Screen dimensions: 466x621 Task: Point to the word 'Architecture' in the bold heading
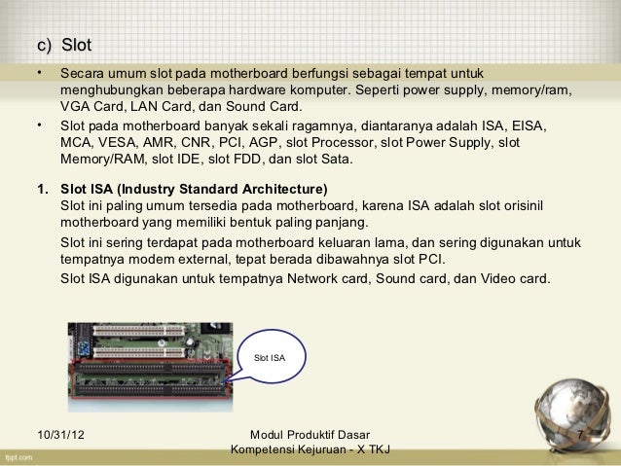click(x=284, y=188)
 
